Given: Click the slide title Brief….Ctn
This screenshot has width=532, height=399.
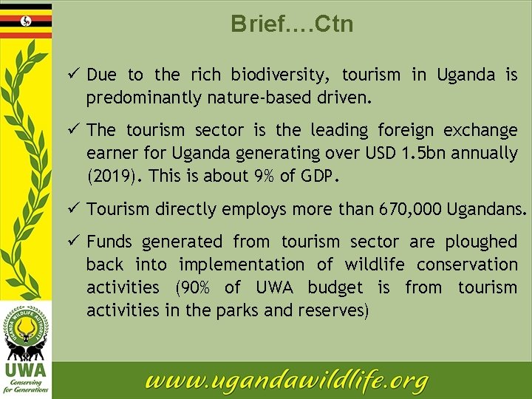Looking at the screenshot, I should click(x=292, y=24).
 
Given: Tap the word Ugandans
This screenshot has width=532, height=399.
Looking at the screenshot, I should click(x=488, y=209).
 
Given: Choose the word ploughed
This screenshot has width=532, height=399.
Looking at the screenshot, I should click(x=480, y=242).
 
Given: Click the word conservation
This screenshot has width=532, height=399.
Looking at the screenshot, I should click(x=467, y=265).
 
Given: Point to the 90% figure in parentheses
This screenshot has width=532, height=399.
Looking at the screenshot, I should click(x=191, y=287).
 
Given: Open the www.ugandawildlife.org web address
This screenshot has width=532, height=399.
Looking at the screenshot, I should click(x=287, y=381).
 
